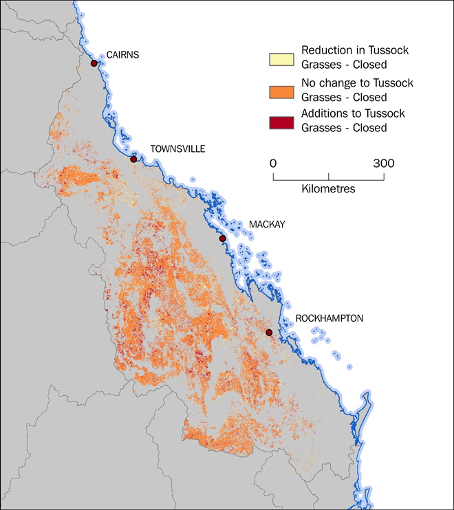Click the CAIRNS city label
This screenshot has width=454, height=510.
[x=122, y=56]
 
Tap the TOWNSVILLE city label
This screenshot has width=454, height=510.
[x=177, y=149]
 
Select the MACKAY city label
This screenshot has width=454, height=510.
[x=267, y=225]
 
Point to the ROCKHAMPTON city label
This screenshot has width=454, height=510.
[x=329, y=318]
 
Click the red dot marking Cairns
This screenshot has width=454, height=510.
[x=94, y=64]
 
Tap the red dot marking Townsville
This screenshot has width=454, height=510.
[x=134, y=159]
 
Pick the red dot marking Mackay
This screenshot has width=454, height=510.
[x=222, y=239]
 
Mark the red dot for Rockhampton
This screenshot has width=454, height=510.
[x=269, y=333]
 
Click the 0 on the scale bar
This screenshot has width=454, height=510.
[x=273, y=164]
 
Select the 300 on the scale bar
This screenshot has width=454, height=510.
[x=384, y=164]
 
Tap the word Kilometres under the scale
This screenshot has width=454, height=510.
[x=328, y=189]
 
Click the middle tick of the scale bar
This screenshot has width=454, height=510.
[x=329, y=176]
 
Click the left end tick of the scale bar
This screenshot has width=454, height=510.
[x=274, y=176]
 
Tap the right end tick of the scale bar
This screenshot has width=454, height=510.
[x=384, y=176]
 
